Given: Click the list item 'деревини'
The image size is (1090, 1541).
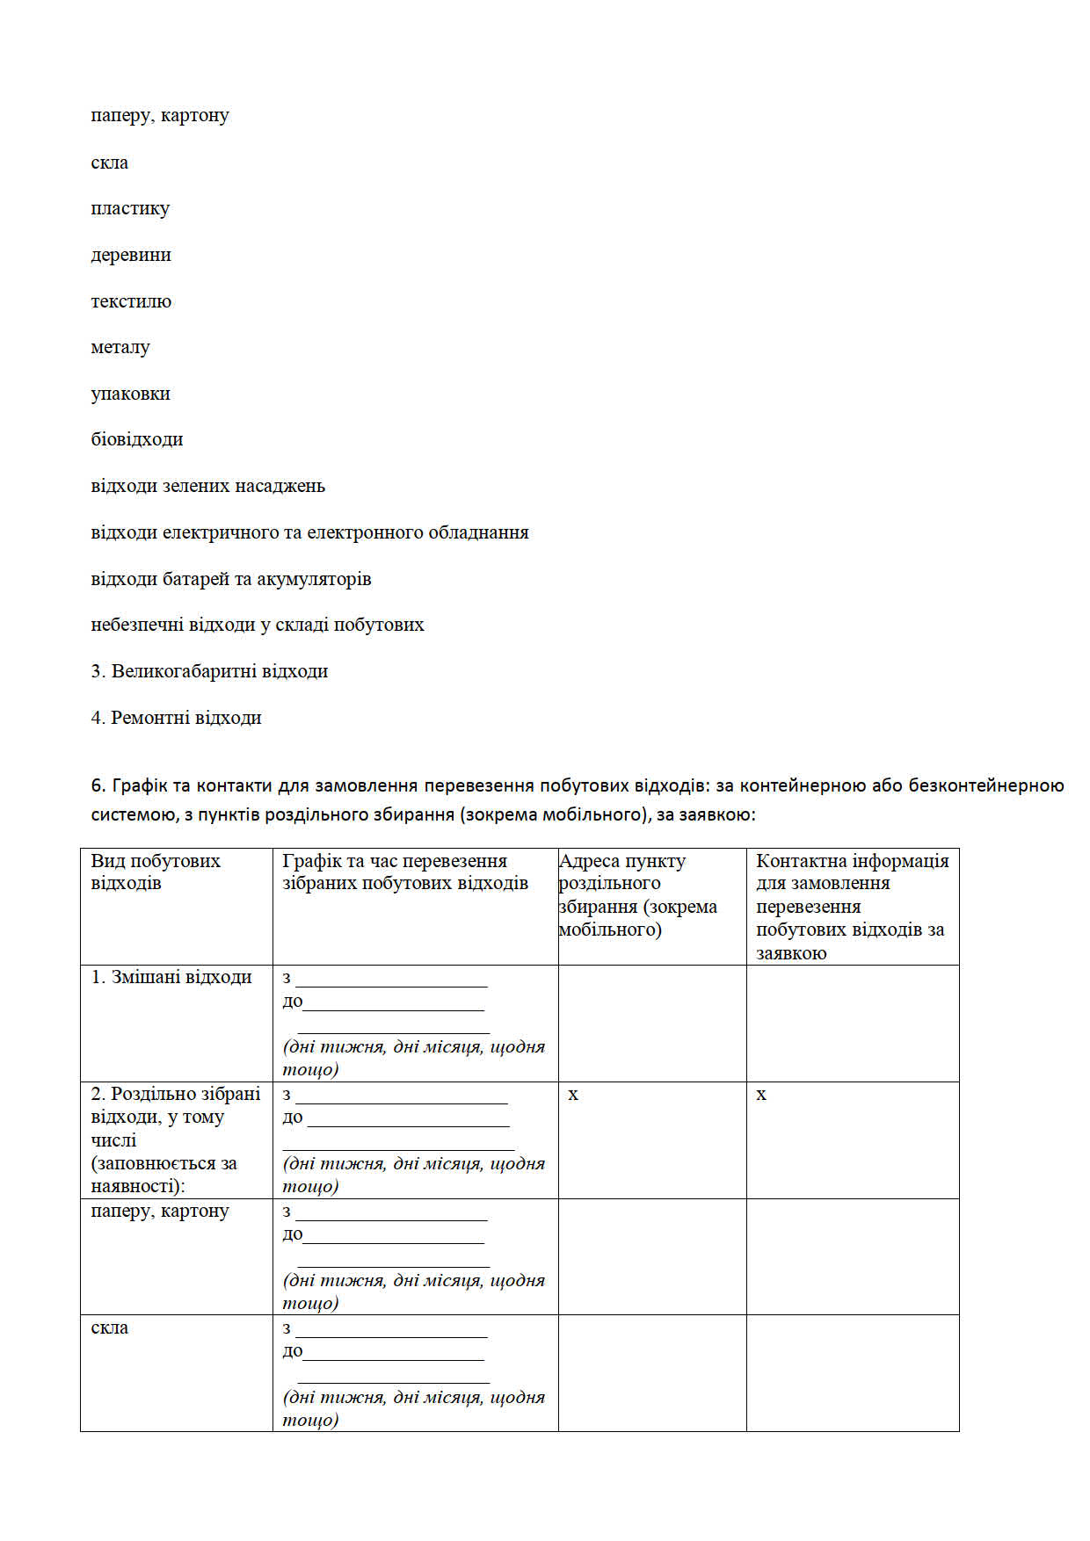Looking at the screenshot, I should click(131, 255).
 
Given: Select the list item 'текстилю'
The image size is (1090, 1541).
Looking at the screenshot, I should click(131, 301).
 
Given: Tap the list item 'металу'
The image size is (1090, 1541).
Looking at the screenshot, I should click(120, 347).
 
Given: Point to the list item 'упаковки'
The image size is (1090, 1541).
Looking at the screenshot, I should click(130, 394).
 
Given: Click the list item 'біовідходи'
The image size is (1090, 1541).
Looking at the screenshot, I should click(137, 439).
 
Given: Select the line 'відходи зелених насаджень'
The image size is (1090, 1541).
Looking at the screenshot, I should click(207, 486).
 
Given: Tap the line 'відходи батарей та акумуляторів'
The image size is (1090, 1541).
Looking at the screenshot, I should click(230, 579).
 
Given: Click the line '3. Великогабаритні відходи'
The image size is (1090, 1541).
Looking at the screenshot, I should click(209, 671).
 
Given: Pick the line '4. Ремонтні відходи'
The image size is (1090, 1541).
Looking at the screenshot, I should click(176, 718).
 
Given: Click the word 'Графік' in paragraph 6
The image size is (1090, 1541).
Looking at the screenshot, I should click(137, 785).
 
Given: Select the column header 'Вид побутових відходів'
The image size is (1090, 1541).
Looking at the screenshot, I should click(156, 872).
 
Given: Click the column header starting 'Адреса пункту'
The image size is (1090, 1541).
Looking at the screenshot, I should click(637, 894).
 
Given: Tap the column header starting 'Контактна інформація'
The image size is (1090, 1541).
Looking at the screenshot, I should click(852, 906).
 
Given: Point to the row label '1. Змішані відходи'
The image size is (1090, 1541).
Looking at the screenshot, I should click(171, 977).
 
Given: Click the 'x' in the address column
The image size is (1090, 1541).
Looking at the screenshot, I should click(573, 1095).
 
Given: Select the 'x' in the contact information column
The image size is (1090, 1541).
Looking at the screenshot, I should click(761, 1095).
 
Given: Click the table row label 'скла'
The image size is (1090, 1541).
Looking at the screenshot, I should click(110, 1328).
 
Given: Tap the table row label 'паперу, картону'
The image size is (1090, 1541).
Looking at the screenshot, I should click(160, 1211).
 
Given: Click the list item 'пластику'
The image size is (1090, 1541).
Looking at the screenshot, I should click(130, 209).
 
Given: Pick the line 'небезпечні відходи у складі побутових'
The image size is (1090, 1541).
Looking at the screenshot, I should click(258, 625).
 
